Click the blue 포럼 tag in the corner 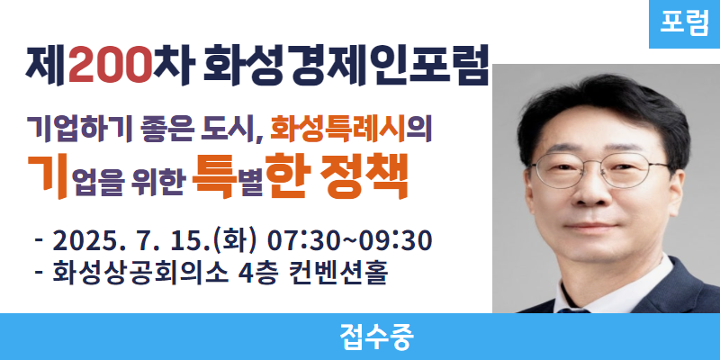pos(684,24)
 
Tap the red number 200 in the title pos(111,66)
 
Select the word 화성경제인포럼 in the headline pos(345,65)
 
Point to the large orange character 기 pos(49,176)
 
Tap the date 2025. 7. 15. pos(131,241)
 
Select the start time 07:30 pos(307,241)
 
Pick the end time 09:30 pos(395,241)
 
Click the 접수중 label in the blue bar pos(377,337)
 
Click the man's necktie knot pos(573,310)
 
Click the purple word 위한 pos(159,183)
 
